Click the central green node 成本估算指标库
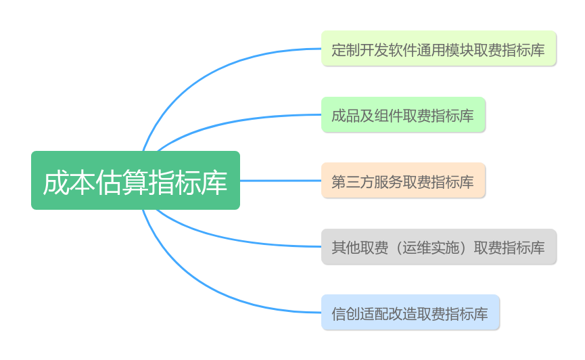(135, 181)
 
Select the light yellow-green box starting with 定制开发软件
(439, 49)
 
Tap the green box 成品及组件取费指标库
(403, 114)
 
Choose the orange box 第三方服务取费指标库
(403, 181)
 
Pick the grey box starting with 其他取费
(439, 246)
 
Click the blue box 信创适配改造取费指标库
(411, 312)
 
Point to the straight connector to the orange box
(281, 181)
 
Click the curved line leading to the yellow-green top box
(209, 74)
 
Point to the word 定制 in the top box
(346, 50)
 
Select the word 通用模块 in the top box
(445, 50)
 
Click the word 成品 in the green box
(346, 116)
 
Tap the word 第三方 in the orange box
(353, 182)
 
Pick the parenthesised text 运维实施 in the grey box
(431, 248)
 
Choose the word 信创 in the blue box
(346, 314)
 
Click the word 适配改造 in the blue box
(388, 314)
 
